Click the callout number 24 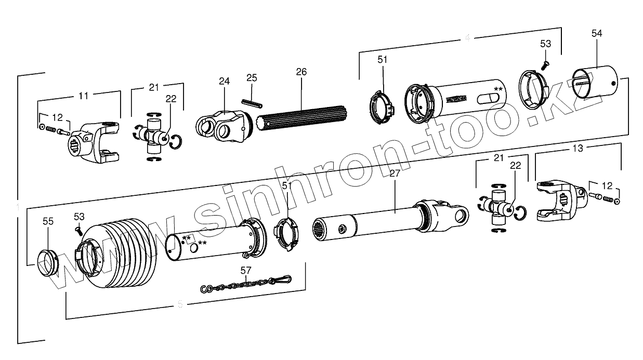coord(224,81)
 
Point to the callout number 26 coord(301,72)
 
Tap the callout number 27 coord(395,174)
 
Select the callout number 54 coord(597,33)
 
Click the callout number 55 coord(48,221)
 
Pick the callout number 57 coord(246,270)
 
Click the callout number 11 coord(83,96)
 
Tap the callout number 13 coord(578,148)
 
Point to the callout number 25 coord(252,78)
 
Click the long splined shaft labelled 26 coord(301,122)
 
